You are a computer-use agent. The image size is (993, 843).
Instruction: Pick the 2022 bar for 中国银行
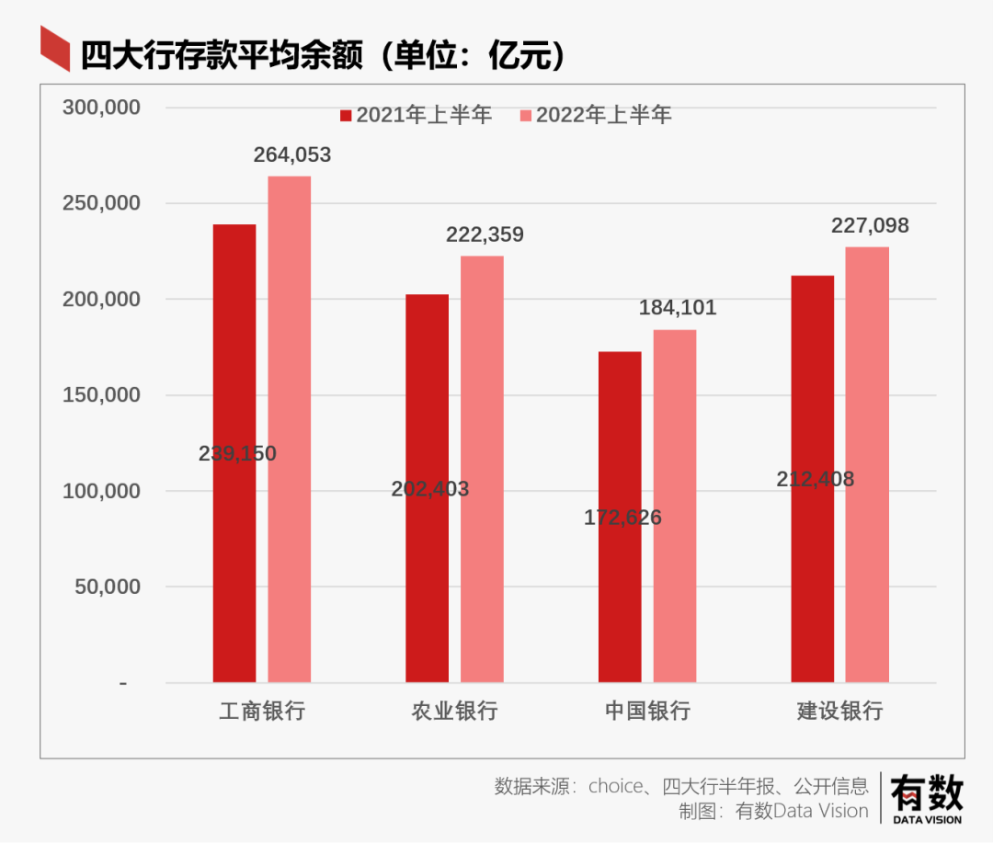(675, 506)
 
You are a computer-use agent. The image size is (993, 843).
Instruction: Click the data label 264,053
(292, 155)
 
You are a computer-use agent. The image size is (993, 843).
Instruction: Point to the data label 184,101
(678, 308)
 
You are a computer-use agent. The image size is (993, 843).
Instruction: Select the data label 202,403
(429, 489)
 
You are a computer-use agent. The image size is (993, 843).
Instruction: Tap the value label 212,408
(815, 479)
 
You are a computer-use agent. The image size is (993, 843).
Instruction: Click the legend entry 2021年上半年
(416, 115)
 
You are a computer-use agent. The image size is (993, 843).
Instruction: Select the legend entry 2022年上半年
(595, 115)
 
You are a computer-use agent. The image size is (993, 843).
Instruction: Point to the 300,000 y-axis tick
(101, 108)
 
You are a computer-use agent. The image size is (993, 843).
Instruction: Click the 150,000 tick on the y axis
(101, 395)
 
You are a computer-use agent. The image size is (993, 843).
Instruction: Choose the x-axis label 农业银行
(454, 711)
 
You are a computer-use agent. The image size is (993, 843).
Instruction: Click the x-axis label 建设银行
(839, 711)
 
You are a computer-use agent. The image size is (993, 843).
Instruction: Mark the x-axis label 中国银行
(647, 711)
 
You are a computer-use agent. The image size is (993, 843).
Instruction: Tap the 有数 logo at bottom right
(926, 796)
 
